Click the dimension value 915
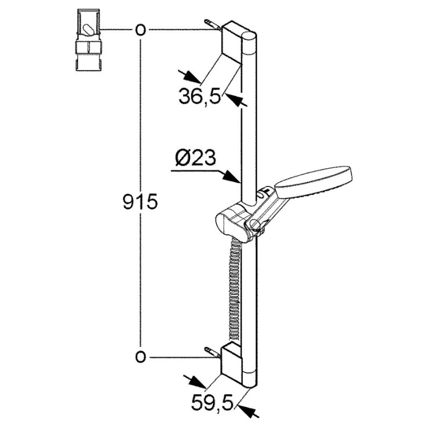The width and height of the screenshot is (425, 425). (x=140, y=201)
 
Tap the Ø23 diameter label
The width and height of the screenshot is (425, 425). (x=195, y=157)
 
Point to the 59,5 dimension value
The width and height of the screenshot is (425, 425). (x=212, y=404)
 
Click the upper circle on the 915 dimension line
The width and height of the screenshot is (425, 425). (x=140, y=30)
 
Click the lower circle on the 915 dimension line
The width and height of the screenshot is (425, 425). (x=140, y=357)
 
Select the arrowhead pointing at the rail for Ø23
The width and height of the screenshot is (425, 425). (x=231, y=177)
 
